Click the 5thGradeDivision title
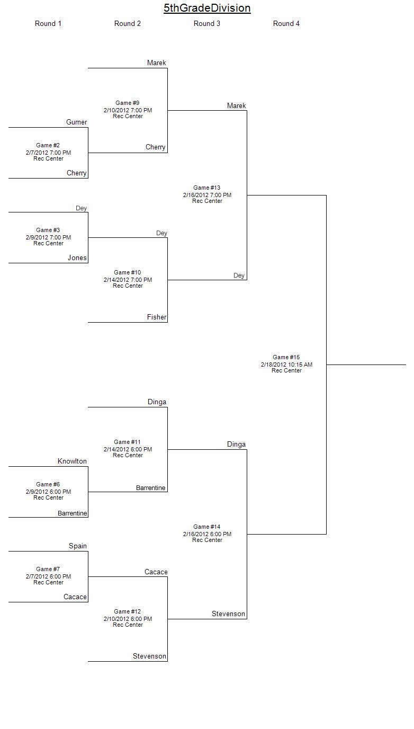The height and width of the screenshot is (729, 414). point(207,8)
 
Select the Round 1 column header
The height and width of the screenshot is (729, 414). point(48,23)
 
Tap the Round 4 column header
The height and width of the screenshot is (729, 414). point(286,23)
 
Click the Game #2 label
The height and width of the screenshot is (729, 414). point(48,145)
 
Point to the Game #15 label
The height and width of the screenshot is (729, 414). point(286,357)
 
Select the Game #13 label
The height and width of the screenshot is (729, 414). point(207,188)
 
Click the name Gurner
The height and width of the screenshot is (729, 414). point(76,122)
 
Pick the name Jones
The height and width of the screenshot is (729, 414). point(77,258)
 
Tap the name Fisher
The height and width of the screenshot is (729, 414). point(156,317)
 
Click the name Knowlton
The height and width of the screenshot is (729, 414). point(72,461)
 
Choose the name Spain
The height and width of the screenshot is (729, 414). point(78,546)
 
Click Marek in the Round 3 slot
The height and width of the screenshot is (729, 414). point(237,106)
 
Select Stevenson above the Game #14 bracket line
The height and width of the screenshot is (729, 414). point(228,614)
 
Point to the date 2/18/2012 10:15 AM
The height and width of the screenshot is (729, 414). point(286,364)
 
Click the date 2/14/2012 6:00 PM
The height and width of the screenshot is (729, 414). point(128,449)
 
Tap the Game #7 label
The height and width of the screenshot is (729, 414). point(48,569)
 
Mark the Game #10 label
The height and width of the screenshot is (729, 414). point(128,272)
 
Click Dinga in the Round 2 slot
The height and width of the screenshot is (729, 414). point(157,402)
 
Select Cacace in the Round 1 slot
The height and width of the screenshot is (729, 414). point(75,597)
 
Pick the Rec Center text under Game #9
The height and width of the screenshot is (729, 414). point(128,116)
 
